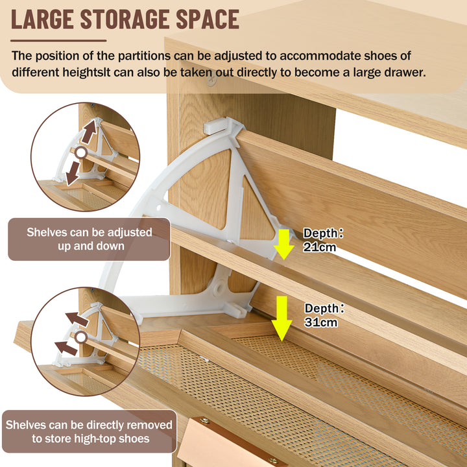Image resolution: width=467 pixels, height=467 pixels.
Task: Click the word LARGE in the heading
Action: click(42, 19)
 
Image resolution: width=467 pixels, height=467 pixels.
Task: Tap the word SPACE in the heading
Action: click(208, 19)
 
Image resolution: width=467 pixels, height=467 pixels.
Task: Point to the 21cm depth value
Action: click(319, 247)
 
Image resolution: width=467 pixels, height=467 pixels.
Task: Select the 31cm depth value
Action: click(321, 322)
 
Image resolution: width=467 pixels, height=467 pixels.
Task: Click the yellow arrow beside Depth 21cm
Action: click(284, 244)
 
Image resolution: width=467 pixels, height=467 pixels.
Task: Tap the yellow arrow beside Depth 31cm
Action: click(281, 318)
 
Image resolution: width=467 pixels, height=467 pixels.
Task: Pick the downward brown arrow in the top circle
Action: click(73, 173)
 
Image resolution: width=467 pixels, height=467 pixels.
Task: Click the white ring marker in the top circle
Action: click(80, 153)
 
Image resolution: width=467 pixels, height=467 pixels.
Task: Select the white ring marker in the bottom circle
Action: click(80, 337)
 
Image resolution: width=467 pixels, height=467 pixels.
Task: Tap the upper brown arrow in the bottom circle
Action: click(77, 319)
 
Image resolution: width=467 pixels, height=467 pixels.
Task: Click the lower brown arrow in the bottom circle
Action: click(66, 348)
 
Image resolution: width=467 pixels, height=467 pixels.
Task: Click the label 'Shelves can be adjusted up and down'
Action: click(90, 239)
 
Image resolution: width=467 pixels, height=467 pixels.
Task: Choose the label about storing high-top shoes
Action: click(90, 431)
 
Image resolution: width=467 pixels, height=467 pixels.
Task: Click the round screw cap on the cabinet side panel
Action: click(211, 80)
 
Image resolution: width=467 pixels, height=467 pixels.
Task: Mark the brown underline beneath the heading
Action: click(58, 40)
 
